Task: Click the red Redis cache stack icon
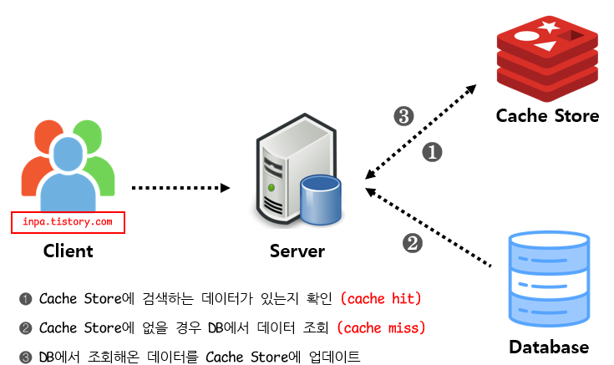(547, 58)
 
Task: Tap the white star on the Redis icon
(548, 27)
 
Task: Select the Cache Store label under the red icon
(547, 116)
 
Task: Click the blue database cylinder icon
(549, 279)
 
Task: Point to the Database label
(549, 347)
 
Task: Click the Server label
(297, 251)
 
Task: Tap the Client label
(69, 251)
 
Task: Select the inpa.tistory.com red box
(68, 222)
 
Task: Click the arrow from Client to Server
(180, 188)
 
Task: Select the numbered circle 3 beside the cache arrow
(403, 116)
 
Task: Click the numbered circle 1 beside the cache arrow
(433, 152)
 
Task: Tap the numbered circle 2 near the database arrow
(413, 243)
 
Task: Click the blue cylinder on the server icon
(321, 200)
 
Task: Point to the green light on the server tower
(271, 188)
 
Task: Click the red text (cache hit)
(381, 298)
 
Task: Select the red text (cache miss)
(382, 327)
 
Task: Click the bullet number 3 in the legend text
(26, 357)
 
